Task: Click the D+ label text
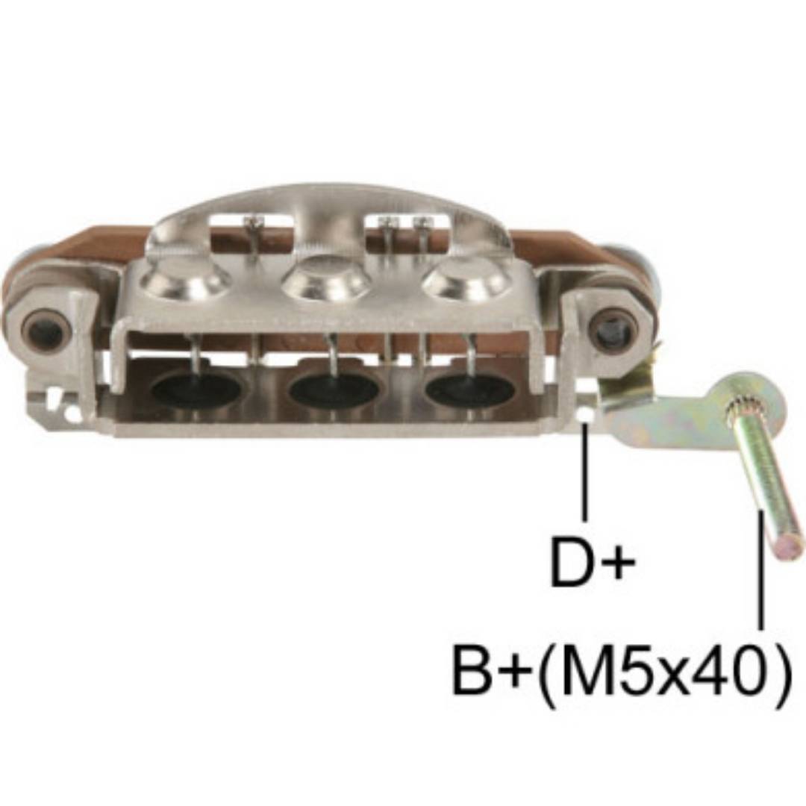(x=592, y=562)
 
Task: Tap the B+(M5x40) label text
(x=620, y=671)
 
